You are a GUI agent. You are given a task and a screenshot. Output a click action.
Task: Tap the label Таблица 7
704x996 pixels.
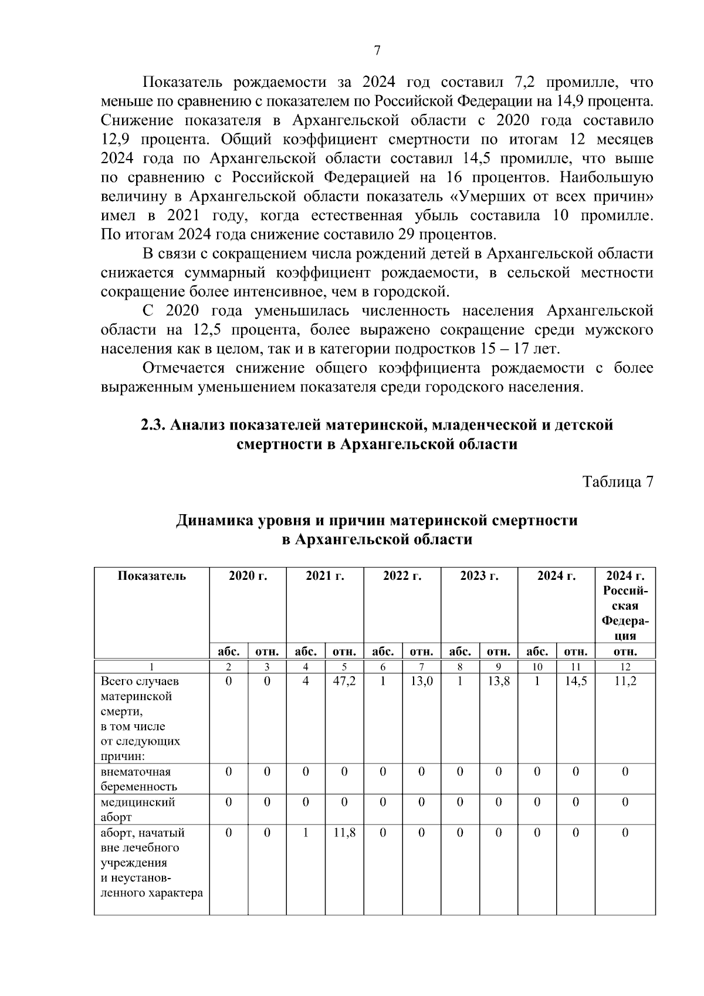click(x=617, y=482)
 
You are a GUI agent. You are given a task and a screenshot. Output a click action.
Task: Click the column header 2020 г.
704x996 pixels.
click(x=248, y=576)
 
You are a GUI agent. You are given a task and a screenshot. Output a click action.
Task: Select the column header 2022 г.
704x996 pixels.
click(x=402, y=576)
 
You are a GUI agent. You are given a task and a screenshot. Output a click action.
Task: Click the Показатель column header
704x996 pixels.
click(x=152, y=576)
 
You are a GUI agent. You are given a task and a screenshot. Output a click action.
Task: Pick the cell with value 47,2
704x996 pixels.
click(x=344, y=681)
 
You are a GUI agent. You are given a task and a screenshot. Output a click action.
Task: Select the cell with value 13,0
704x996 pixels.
click(x=421, y=681)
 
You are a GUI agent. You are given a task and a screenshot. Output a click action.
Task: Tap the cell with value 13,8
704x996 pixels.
click(x=498, y=681)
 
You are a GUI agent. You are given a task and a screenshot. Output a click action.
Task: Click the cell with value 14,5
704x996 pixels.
click(x=576, y=681)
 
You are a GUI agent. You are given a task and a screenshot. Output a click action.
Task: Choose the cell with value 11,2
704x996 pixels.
click(x=625, y=681)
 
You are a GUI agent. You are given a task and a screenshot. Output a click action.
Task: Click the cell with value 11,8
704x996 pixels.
click(x=344, y=832)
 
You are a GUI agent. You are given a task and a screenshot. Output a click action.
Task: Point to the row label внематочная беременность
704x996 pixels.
click(x=138, y=779)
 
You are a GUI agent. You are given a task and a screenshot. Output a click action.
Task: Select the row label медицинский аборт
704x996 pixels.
click(x=137, y=809)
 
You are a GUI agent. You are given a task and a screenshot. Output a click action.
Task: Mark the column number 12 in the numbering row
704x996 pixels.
click(x=625, y=667)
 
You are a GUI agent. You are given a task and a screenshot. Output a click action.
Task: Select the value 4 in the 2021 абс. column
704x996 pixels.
click(x=306, y=681)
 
